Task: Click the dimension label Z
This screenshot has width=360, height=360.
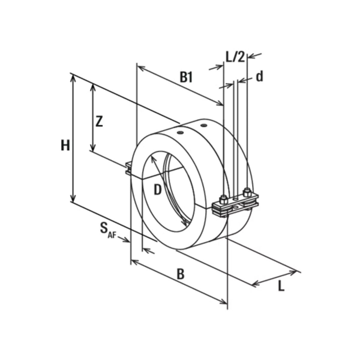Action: point(99,122)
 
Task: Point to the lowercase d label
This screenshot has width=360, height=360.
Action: point(259,76)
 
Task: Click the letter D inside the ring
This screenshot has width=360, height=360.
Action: point(157,190)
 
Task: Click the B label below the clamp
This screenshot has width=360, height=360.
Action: point(181,274)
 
